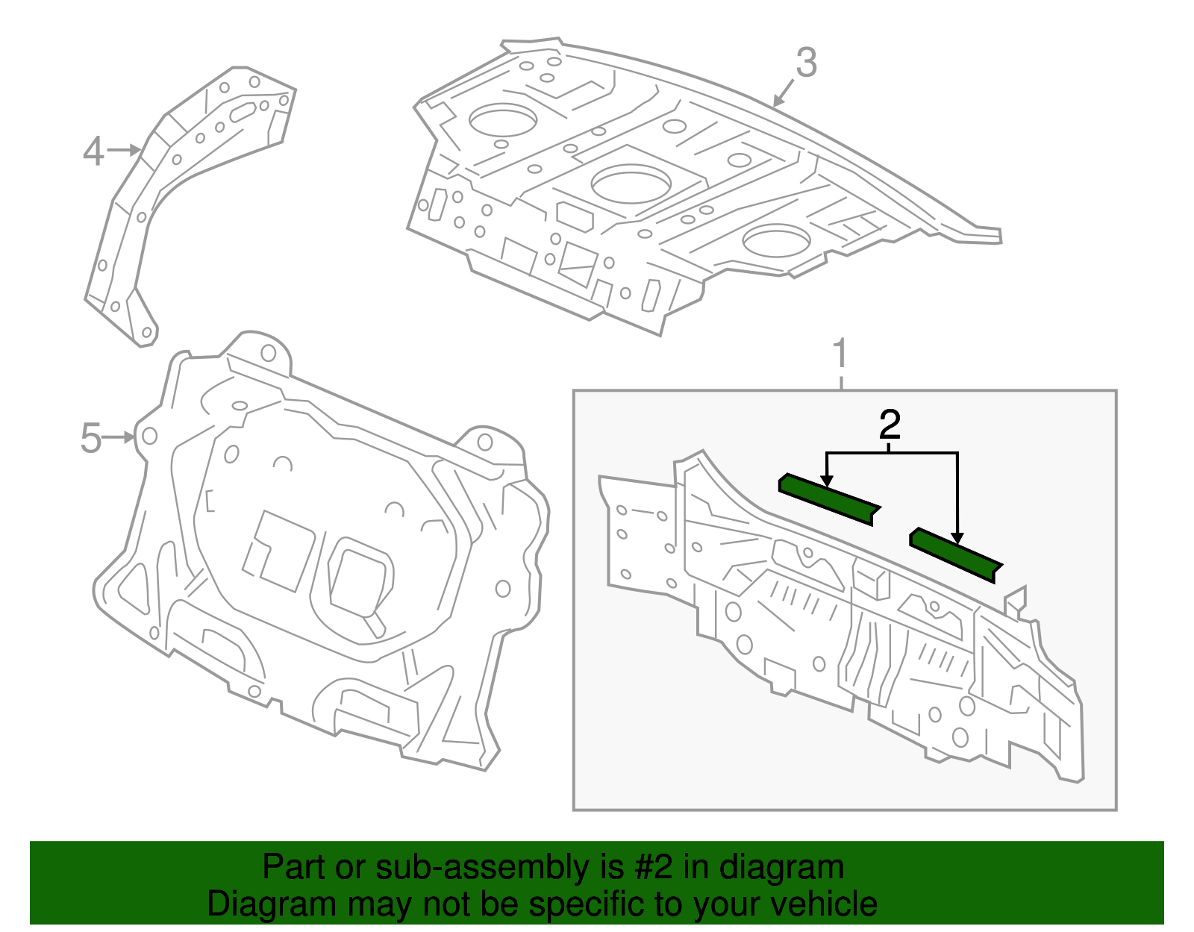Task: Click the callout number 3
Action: (806, 63)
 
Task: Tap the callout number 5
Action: (90, 438)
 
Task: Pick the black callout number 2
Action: (890, 425)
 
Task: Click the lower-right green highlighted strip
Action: (955, 554)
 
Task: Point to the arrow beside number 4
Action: (124, 150)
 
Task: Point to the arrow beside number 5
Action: (119, 438)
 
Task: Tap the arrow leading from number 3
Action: (783, 93)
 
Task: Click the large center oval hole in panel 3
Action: (631, 184)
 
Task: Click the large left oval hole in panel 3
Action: (503, 119)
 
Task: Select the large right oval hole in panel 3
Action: (776, 240)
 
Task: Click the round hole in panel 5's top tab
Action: (268, 353)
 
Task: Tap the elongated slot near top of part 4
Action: (243, 112)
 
